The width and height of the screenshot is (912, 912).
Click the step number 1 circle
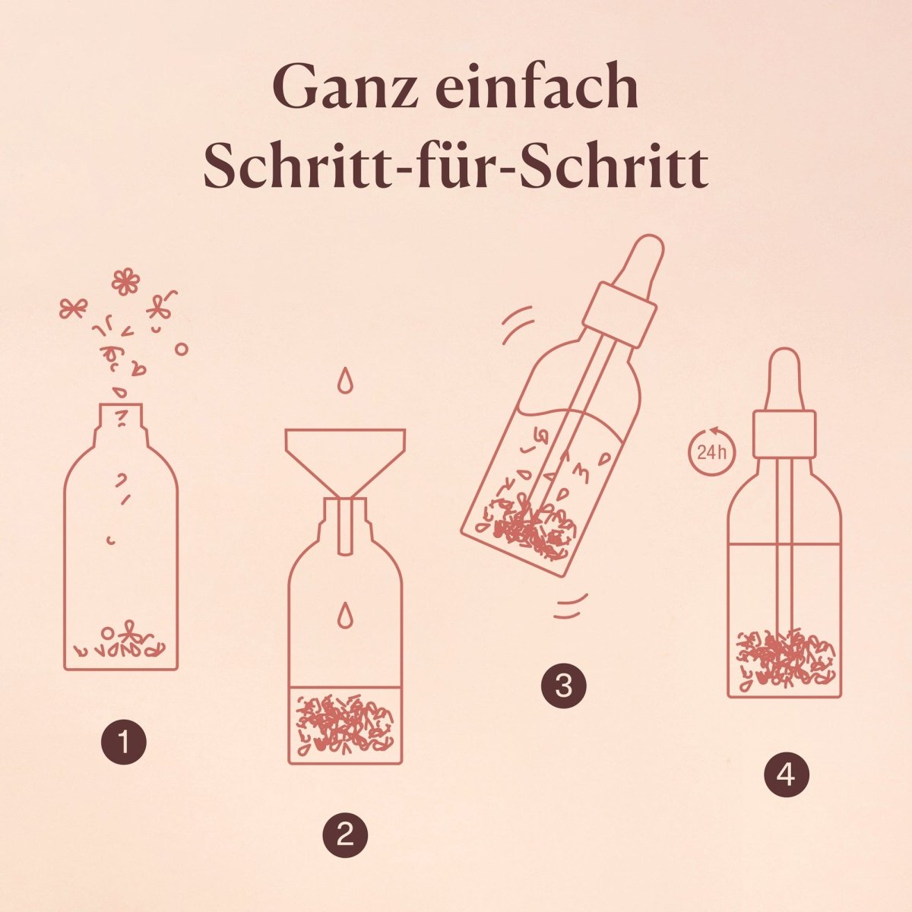pyautogui.click(x=124, y=742)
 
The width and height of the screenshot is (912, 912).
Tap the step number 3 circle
pyautogui.click(x=564, y=686)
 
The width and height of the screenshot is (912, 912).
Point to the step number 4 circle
pyautogui.click(x=787, y=774)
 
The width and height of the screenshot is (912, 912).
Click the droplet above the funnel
pyautogui.click(x=346, y=380)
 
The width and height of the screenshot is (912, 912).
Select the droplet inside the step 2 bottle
pyautogui.click(x=346, y=615)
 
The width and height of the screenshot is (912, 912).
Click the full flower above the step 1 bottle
pyautogui.click(x=126, y=281)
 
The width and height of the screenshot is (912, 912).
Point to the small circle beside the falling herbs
pyautogui.click(x=181, y=350)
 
